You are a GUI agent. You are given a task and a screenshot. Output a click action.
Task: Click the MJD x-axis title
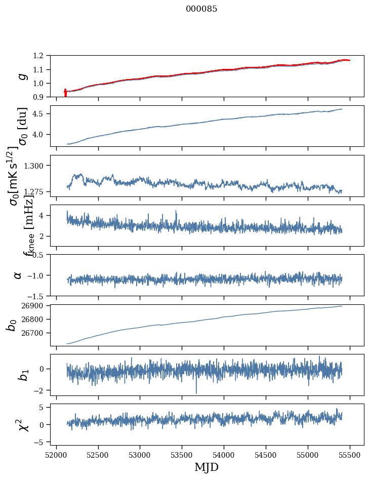207,467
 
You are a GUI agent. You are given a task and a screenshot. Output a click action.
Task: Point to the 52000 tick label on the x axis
56,454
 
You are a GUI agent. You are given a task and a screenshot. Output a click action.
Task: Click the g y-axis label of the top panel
21,76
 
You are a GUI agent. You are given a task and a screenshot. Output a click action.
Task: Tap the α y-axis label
18,275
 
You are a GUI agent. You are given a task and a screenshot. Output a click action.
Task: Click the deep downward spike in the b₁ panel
196,391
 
